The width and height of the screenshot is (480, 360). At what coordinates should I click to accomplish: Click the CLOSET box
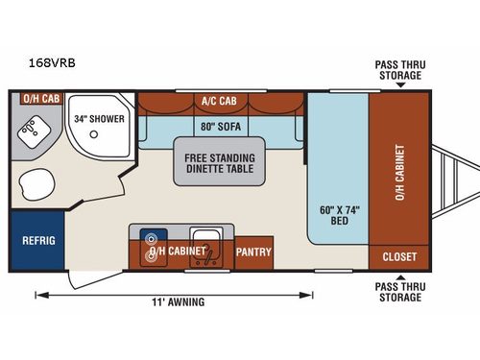click(398, 256)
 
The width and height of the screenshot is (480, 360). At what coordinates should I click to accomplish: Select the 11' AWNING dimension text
click(178, 301)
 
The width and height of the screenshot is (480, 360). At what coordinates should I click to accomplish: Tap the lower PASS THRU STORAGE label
click(398, 292)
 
